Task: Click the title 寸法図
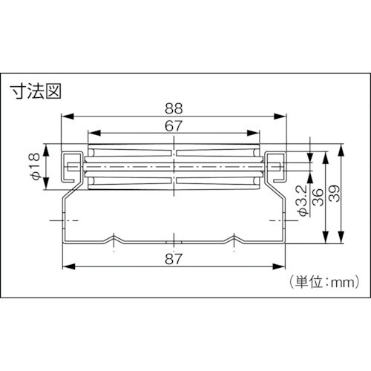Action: [35, 92]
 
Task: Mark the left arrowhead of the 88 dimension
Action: [64, 116]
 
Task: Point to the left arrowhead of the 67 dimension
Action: [91, 134]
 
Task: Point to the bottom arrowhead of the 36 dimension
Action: [325, 242]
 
